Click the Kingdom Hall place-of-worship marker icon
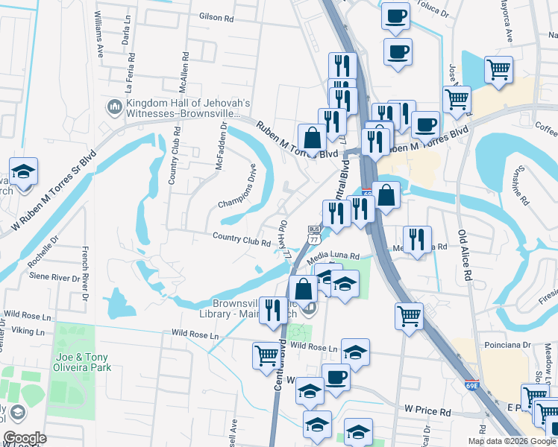tap(114, 108)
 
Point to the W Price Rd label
tap(428, 410)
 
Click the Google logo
tap(25, 438)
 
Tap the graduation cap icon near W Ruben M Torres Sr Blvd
tap(23, 172)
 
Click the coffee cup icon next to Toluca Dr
tap(396, 16)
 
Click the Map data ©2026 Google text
tap(511, 441)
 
